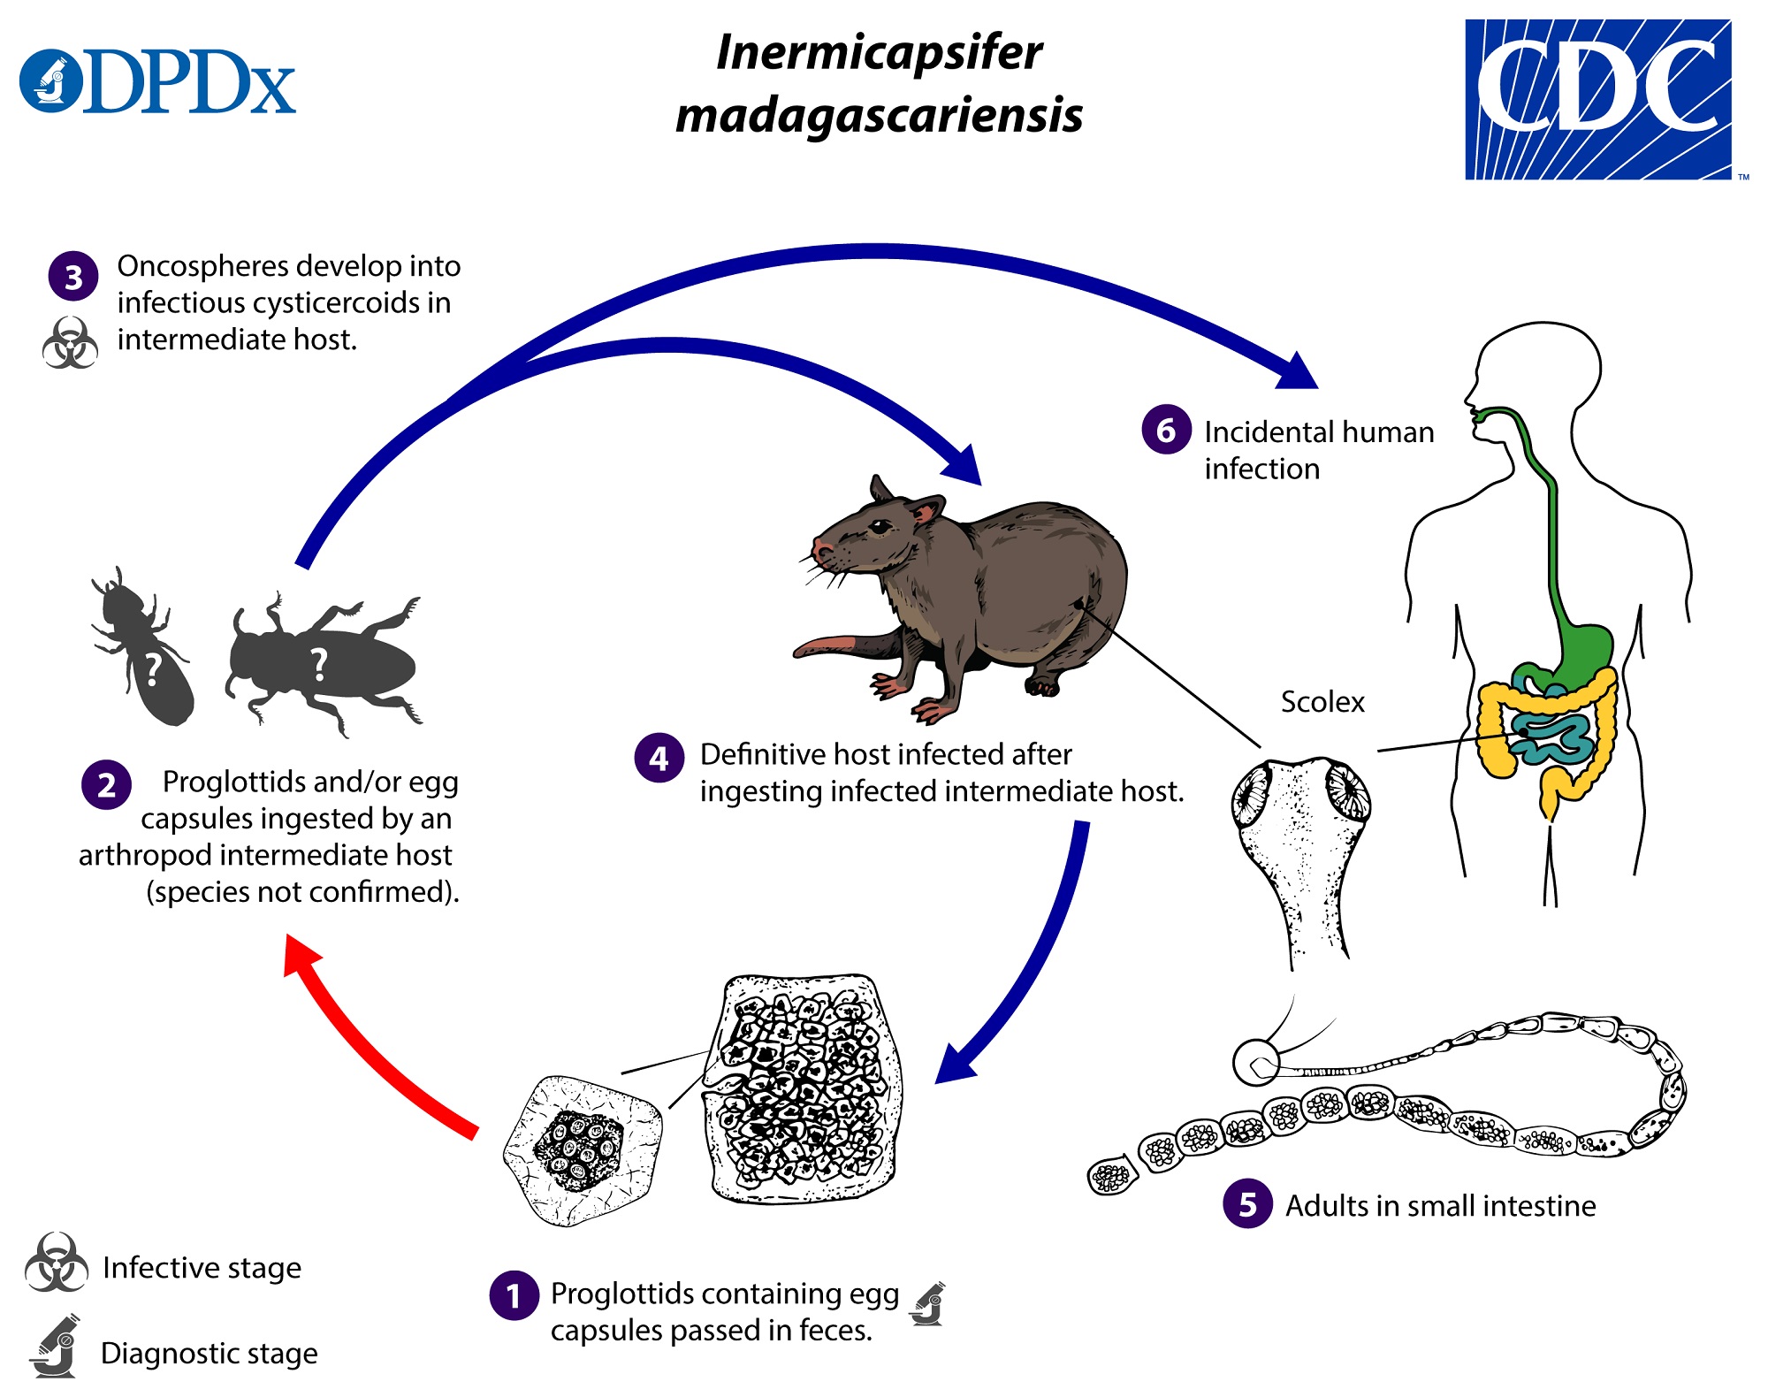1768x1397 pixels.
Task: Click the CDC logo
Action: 1598,99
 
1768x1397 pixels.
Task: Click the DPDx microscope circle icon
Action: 51,80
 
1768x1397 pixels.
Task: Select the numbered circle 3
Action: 73,277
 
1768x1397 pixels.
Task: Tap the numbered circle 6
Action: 1166,430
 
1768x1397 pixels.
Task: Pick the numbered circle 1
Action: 514,1295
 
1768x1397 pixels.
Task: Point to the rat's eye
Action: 880,527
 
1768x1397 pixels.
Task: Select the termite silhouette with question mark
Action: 146,650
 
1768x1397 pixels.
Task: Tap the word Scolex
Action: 1322,702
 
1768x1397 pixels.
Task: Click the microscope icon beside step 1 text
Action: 928,1304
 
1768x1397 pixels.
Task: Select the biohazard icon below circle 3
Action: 70,343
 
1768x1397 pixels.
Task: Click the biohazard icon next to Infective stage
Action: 57,1263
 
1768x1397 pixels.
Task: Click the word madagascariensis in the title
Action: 879,116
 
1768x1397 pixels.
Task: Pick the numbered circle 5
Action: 1247,1203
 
